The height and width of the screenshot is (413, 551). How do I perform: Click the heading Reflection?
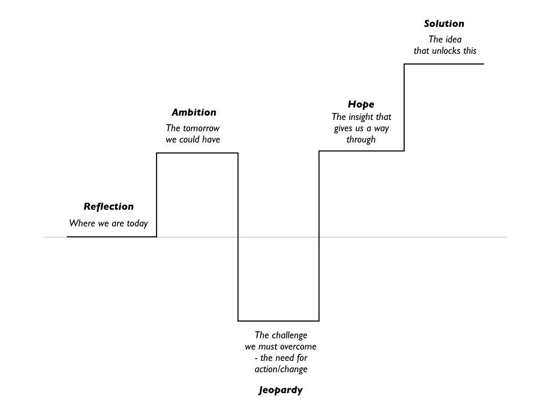pos(109,206)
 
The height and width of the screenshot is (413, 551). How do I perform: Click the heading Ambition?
pos(194,112)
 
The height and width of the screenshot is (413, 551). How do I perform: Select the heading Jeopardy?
pos(280,390)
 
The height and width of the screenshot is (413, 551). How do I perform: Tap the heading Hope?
pos(361,104)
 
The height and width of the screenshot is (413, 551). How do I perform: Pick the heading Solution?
pos(443,24)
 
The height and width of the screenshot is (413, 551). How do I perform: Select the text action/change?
pos(280,369)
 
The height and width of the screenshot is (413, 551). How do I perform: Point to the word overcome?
pos(296,346)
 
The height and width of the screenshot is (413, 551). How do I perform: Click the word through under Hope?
pos(361,139)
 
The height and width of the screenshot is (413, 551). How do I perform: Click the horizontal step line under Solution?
pos(444,64)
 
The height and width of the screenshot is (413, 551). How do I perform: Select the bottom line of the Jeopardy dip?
pos(278,321)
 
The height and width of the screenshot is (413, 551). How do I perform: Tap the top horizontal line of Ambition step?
pos(197,153)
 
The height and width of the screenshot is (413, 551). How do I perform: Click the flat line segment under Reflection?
pos(112,237)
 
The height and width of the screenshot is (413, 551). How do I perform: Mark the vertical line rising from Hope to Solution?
pos(404,108)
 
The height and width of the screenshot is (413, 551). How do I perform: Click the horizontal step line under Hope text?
pos(361,151)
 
